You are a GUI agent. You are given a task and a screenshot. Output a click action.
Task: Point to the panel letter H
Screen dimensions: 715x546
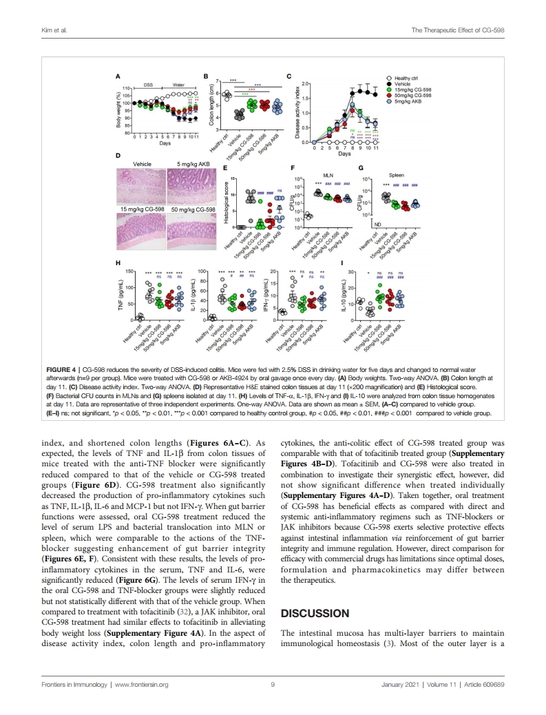(118, 263)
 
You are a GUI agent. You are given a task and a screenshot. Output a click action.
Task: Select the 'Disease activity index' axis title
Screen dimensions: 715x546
(297, 112)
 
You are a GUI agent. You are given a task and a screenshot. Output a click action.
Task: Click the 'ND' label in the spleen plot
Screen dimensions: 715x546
(377, 224)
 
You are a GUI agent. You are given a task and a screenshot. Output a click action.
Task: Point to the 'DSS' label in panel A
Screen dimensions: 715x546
(147, 84)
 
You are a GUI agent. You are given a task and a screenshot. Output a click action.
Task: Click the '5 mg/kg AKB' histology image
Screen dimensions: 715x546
(193, 187)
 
